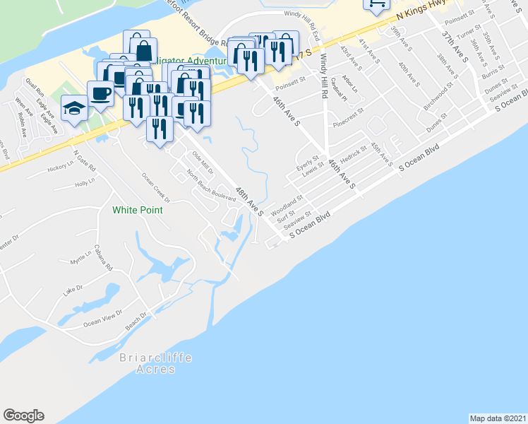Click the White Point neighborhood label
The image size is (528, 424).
pyautogui.click(x=138, y=210)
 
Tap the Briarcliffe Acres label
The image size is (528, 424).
pyautogui.click(x=145, y=364)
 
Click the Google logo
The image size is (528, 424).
pyautogui.click(x=23, y=416)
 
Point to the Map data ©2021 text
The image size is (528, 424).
pyautogui.click(x=498, y=418)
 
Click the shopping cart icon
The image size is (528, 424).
pyautogui.click(x=376, y=4)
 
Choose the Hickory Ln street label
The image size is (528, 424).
pyautogui.click(x=61, y=169)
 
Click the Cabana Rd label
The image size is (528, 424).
pyautogui.click(x=103, y=258)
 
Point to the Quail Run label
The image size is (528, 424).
pyautogui.click(x=35, y=88)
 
